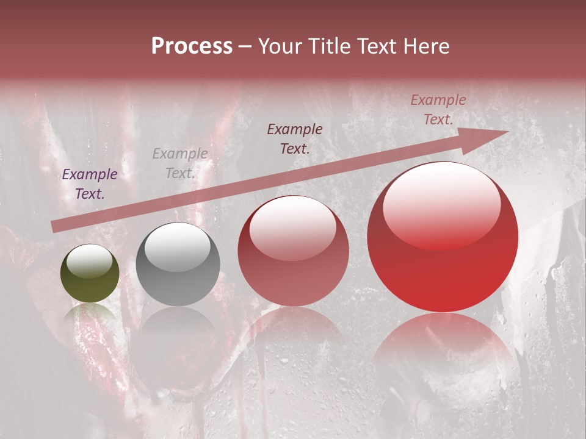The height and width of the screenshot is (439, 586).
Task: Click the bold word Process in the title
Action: (x=192, y=46)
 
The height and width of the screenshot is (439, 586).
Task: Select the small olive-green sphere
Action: (x=90, y=273)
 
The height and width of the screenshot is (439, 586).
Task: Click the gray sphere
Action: (x=178, y=265)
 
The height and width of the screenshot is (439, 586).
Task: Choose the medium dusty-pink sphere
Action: (x=293, y=251)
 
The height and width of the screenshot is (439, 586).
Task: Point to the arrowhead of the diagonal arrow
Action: (x=497, y=134)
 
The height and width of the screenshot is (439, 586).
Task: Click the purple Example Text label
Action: (x=90, y=184)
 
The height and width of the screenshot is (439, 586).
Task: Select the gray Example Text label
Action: (x=179, y=163)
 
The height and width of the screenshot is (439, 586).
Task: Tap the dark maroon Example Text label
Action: (x=295, y=138)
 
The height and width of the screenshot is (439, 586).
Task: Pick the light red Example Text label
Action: (x=438, y=110)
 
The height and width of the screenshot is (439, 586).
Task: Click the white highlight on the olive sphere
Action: (x=90, y=262)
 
